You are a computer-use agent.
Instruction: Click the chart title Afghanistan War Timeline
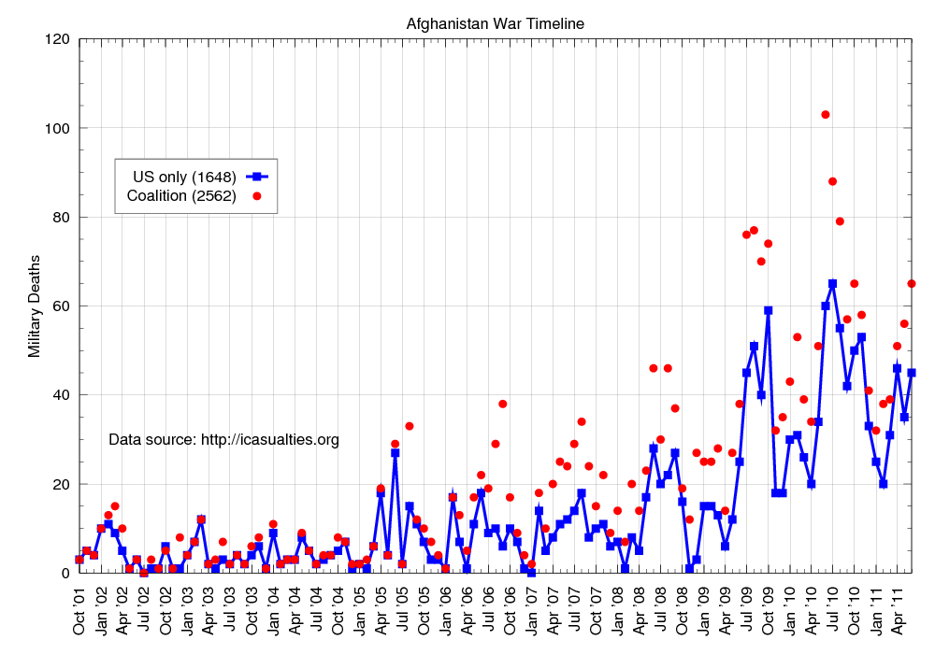tap(496, 23)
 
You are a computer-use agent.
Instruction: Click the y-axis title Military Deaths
tap(35, 306)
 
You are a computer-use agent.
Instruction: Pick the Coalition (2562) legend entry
tap(181, 195)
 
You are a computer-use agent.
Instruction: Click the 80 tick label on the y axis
tap(62, 217)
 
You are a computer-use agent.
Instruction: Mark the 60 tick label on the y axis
tap(62, 306)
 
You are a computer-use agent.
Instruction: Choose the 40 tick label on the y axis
tap(62, 395)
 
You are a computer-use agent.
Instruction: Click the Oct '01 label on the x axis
tap(80, 608)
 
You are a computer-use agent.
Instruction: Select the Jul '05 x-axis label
tap(403, 608)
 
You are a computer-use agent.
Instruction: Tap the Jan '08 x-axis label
tap(618, 608)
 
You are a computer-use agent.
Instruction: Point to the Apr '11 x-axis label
tap(898, 608)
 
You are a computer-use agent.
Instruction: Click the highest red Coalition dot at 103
tap(826, 115)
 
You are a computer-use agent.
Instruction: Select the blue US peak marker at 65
tap(832, 284)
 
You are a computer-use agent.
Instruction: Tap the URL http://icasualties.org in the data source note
tap(270, 439)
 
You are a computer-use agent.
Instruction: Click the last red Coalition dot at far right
tap(912, 284)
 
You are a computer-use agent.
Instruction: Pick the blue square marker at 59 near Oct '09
tap(769, 310)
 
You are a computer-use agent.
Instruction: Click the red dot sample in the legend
tap(255, 195)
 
